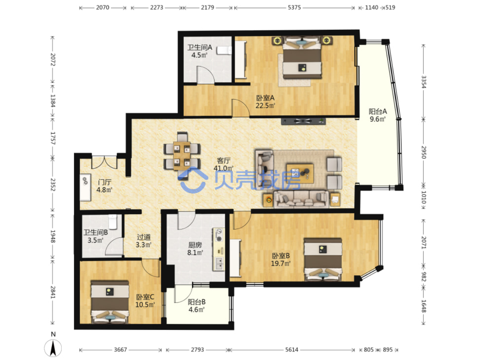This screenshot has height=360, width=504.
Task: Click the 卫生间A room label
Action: tap(200, 48)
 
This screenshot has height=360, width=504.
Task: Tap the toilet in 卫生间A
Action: tap(224, 50)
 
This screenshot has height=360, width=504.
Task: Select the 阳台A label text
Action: tap(378, 111)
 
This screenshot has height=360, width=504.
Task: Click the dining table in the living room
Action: tap(182, 156)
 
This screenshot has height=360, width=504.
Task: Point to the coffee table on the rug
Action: tap(300, 173)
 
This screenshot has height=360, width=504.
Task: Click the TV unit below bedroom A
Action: tap(303, 121)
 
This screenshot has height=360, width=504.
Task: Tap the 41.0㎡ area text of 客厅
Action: tap(223, 168)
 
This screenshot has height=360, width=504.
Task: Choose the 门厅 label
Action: tap(105, 182)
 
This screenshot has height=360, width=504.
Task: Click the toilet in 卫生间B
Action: tap(113, 222)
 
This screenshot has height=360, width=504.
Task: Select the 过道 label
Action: tap(144, 237)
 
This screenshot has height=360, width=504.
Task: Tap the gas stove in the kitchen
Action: tap(219, 235)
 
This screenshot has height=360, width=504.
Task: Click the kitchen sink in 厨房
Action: tap(219, 264)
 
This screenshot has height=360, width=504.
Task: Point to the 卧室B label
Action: tap(281, 256)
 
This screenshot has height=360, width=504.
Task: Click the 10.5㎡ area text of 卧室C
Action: tap(145, 305)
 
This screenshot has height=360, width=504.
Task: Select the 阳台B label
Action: tap(197, 302)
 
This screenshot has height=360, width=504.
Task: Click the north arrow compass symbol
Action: tap(53, 348)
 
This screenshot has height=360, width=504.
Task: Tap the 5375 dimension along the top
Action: tap(294, 8)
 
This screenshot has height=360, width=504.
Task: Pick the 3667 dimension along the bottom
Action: tap(121, 350)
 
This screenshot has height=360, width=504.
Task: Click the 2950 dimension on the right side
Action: tap(424, 152)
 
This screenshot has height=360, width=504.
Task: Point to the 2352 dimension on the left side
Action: tap(53, 185)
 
